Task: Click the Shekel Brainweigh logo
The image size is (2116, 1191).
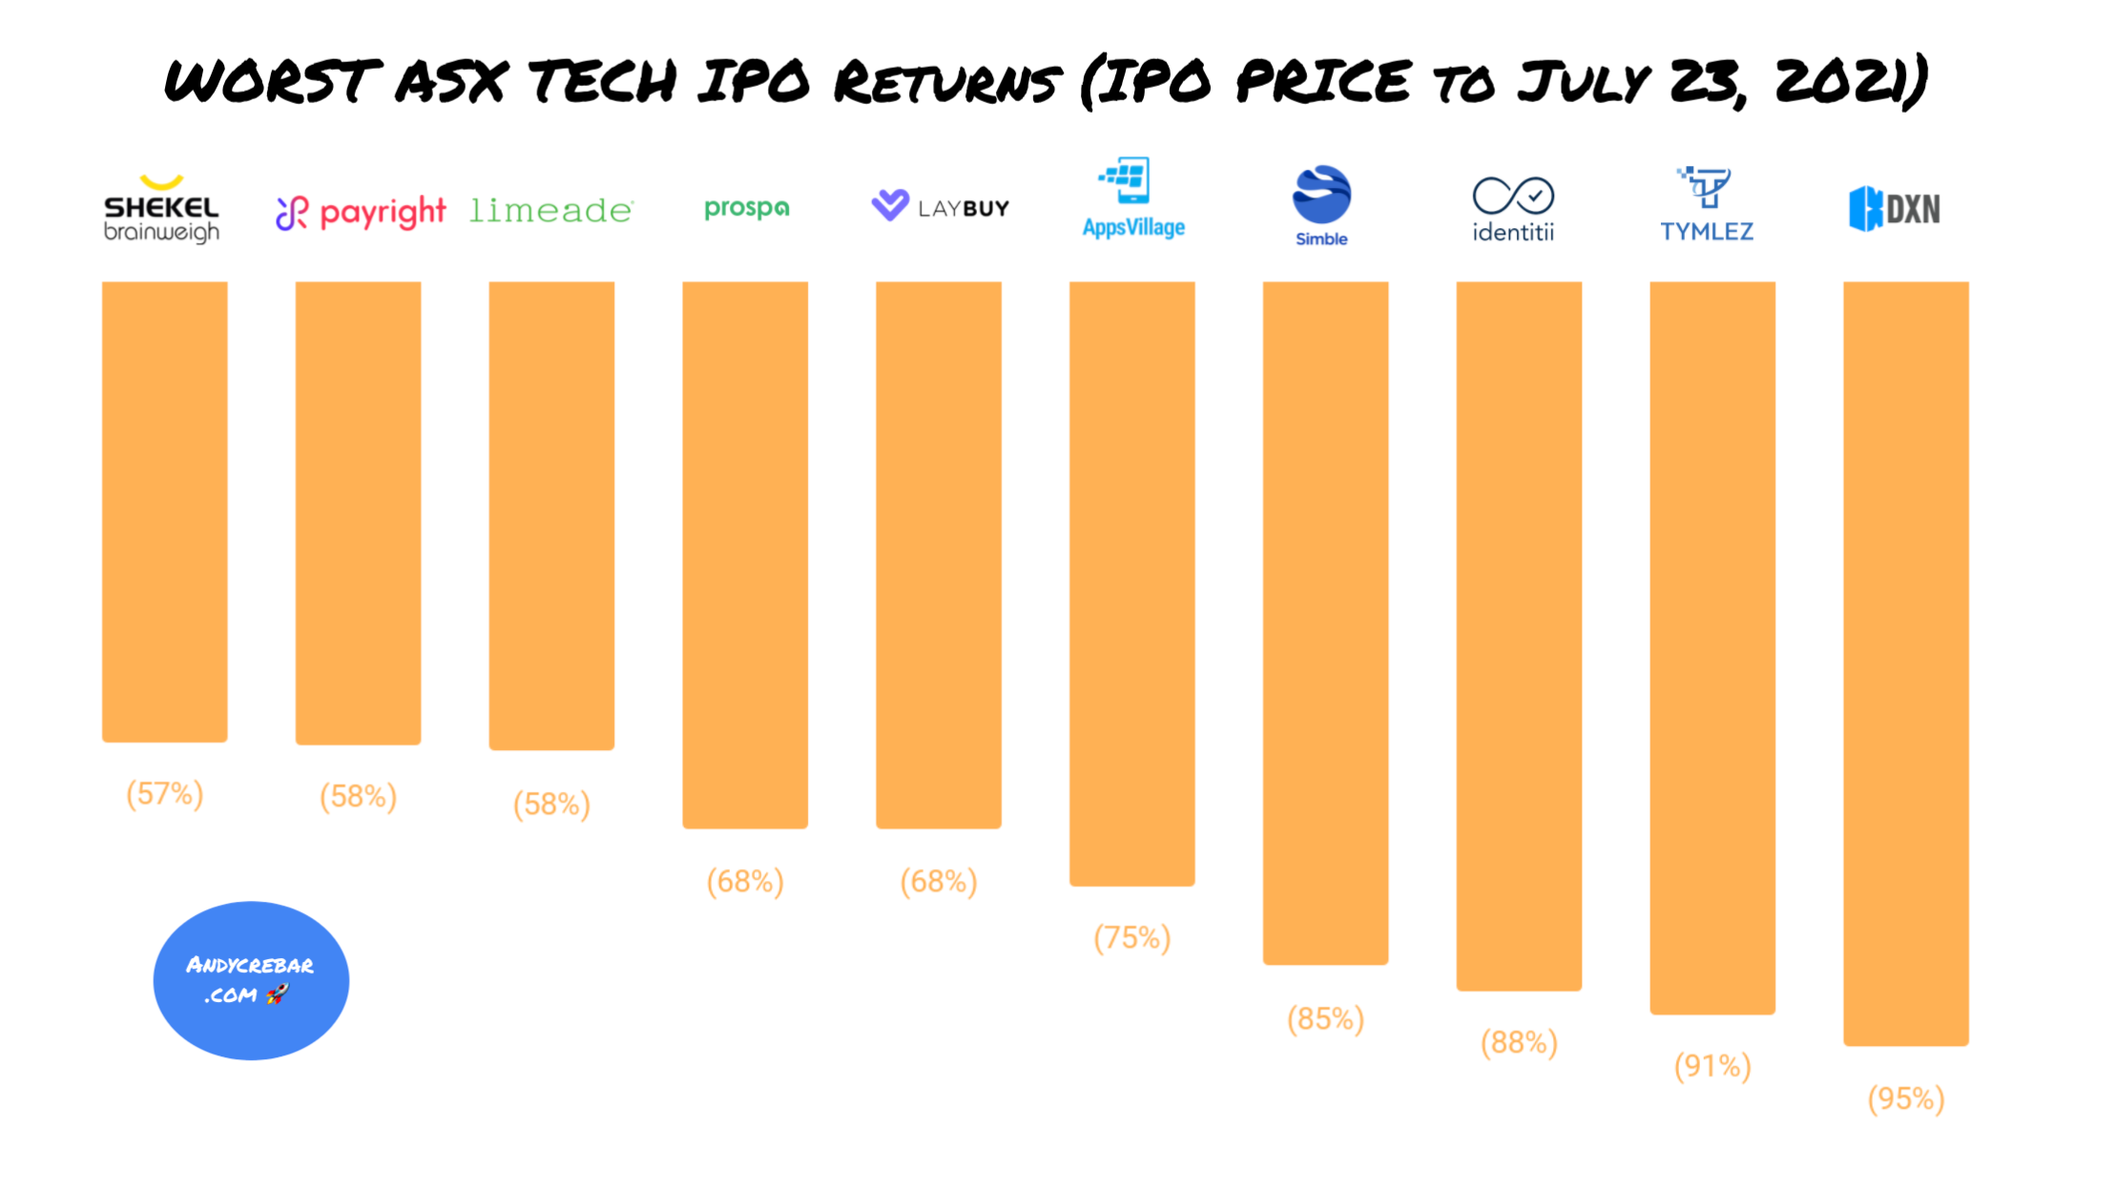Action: coord(161,208)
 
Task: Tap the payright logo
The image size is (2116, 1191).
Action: coord(361,212)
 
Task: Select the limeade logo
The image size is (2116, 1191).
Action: coord(551,210)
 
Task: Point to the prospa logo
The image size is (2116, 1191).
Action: coord(746,208)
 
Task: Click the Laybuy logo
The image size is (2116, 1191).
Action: coord(940,206)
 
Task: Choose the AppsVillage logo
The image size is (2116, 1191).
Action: coord(1132,198)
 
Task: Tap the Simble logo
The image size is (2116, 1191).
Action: coord(1321,205)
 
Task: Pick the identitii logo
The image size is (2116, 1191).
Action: coord(1513,209)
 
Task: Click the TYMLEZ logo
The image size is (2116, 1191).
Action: coord(1707,204)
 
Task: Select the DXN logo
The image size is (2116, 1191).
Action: coord(1895,208)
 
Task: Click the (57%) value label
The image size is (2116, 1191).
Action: coord(165,794)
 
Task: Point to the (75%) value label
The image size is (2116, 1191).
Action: coord(1132,938)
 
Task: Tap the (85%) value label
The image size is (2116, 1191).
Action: coord(1325,1019)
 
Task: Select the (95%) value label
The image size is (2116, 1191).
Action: coord(1905,1099)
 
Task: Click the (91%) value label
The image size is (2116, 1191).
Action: coord(1712,1066)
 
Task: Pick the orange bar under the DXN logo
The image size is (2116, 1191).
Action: coord(1905,663)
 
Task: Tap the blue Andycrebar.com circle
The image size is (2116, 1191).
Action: coord(251,980)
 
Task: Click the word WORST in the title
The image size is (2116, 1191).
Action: coord(272,80)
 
